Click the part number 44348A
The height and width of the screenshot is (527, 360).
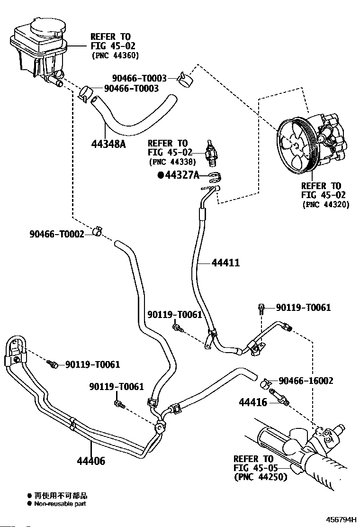108,144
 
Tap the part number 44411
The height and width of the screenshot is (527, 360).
225,263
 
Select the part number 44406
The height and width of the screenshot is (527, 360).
90,461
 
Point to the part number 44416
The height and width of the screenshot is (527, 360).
253,402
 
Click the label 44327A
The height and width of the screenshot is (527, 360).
182,175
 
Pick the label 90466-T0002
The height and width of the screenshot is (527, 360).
57,234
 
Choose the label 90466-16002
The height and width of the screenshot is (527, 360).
306,381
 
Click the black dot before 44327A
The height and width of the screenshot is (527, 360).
161,175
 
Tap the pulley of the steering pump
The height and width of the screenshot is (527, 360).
295,145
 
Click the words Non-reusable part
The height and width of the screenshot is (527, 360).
60,503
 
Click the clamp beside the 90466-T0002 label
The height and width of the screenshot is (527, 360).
98,231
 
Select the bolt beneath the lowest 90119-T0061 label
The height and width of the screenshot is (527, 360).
119,404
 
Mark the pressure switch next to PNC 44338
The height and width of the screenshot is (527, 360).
211,153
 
